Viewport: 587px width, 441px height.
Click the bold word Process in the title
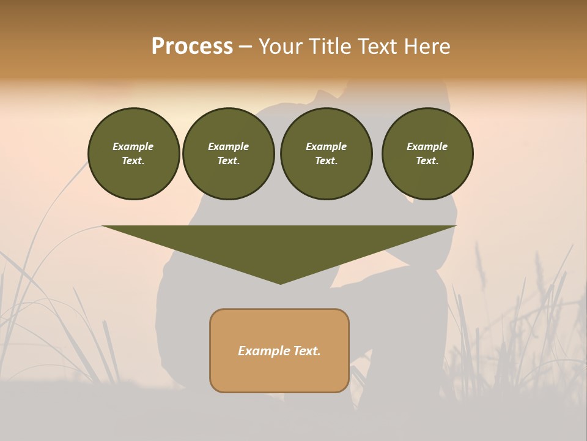192,47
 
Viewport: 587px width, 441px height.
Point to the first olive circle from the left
133,154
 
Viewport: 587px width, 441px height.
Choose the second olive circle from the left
228,154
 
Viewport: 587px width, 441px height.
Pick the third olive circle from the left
326,154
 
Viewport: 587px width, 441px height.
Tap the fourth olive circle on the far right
427,154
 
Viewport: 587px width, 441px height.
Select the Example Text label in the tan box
279,351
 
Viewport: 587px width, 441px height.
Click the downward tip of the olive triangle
280,282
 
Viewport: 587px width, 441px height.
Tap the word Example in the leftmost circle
133,146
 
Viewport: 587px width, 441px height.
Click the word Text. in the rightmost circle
427,160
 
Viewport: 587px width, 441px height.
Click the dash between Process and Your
246,47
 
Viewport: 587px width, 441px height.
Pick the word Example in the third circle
326,146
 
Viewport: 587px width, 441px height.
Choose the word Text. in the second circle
228,160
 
